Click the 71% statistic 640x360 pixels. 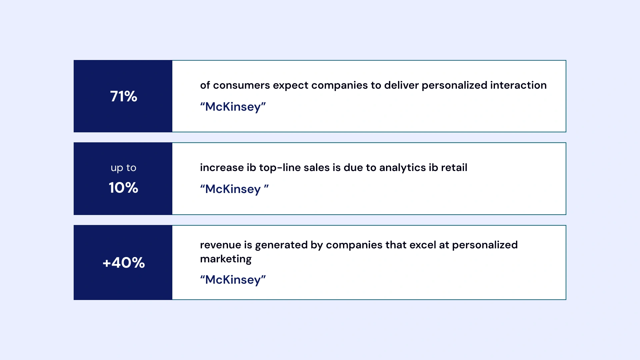point(123,96)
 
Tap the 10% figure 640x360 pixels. point(123,188)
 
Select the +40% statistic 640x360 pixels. point(123,263)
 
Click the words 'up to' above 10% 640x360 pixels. point(123,168)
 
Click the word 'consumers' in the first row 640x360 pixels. point(241,85)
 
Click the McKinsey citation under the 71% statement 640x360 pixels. point(233,107)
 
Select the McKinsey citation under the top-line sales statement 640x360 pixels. point(234,189)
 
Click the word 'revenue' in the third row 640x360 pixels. point(220,245)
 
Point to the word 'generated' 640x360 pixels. point(281,245)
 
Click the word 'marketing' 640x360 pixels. point(226,259)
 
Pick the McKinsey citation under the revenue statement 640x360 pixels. point(233,280)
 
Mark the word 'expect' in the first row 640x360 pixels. point(291,85)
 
